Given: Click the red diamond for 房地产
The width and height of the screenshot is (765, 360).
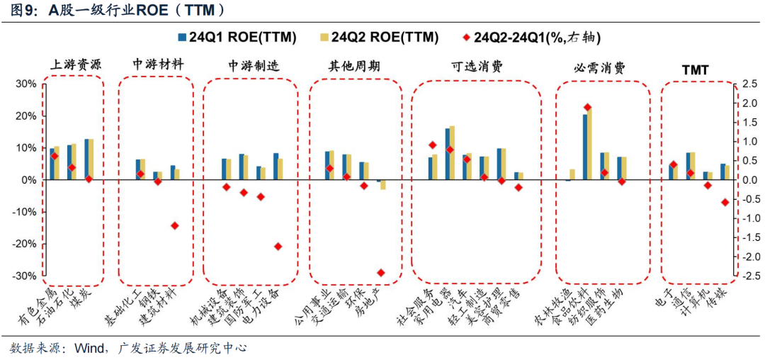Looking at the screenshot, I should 380,272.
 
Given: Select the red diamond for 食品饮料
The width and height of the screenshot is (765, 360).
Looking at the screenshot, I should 587,108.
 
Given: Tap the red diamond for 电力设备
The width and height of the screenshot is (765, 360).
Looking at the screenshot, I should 278,247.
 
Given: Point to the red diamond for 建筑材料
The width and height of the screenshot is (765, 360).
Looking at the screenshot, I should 175,225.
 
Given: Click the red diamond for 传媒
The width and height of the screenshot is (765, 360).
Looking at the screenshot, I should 725,202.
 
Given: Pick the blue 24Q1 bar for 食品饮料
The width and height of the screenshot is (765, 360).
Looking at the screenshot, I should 585,147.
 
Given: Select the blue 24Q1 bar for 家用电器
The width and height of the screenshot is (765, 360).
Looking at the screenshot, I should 448,154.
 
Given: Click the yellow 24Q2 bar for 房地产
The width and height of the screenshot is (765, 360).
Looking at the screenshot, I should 383,184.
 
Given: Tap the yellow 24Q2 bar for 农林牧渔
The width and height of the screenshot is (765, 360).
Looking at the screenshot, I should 572,175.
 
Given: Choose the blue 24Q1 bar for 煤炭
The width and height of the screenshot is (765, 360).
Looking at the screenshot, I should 86,159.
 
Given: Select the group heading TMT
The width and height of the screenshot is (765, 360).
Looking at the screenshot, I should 695,69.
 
